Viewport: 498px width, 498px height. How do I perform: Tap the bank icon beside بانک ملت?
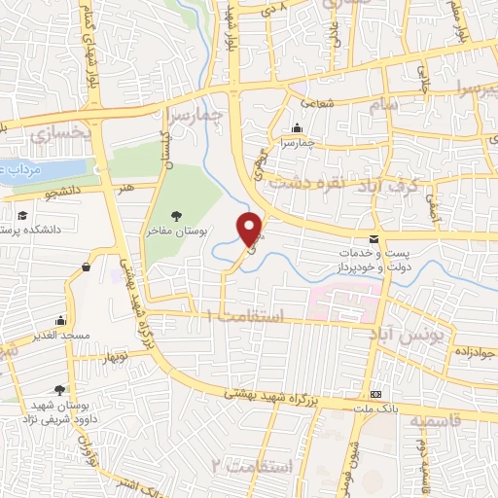[376, 395]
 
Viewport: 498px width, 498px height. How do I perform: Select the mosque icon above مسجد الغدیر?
[61, 320]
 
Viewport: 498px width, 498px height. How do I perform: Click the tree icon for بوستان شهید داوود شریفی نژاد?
[63, 389]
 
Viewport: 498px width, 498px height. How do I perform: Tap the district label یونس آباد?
[409, 332]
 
